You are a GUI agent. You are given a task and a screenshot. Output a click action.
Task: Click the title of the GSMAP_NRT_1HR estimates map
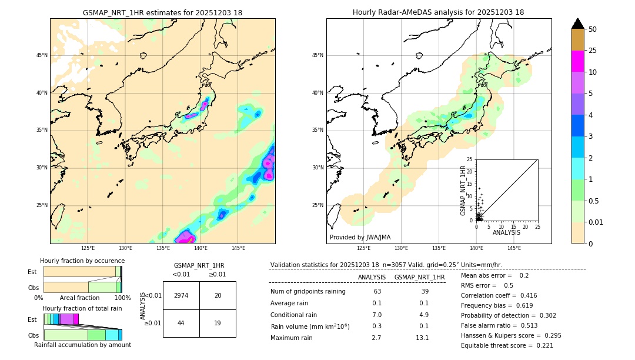coord(162,12)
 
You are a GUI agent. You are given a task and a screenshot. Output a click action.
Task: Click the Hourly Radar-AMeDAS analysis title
coord(438,12)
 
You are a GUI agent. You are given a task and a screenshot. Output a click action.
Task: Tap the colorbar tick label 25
coord(593,51)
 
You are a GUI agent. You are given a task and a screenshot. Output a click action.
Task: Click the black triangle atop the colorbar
coord(578,24)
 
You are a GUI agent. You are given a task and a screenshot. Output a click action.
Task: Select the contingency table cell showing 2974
coord(181,295)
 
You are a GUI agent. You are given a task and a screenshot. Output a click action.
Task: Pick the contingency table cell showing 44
coord(181,323)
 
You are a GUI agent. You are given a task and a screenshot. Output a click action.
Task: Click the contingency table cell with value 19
coord(218,323)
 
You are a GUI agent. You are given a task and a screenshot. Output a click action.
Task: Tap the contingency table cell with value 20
coord(218,295)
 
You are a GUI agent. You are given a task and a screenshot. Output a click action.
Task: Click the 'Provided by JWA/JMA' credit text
coord(360,237)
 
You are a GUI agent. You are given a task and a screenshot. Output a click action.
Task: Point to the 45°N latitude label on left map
coord(42,55)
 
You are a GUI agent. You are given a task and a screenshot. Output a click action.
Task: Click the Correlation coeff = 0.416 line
coord(498,295)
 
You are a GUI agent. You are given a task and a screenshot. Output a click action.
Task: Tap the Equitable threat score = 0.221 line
coord(507,345)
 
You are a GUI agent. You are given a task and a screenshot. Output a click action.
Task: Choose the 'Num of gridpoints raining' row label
coord(308,292)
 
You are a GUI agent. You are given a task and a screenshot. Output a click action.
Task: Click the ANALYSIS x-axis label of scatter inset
coord(506,232)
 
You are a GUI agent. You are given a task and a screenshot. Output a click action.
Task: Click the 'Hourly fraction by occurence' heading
coord(82,261)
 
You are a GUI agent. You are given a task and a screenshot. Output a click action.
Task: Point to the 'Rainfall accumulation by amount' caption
coord(82,345)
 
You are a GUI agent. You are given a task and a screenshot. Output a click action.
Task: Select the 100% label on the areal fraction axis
coord(122,298)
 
